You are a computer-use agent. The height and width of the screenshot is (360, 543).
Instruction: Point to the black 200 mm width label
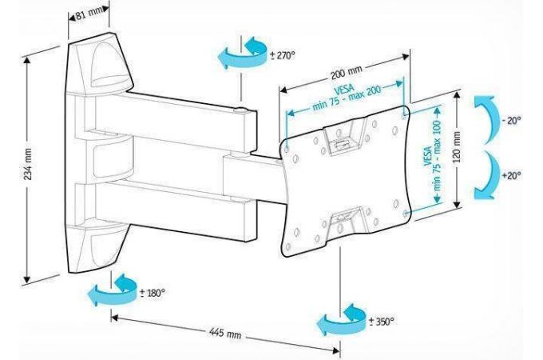tap(347, 75)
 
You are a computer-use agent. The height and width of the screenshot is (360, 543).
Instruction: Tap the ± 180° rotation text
tap(152, 292)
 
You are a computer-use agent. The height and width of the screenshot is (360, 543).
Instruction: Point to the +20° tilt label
tap(511, 175)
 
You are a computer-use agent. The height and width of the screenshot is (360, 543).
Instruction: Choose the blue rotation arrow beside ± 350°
tap(343, 321)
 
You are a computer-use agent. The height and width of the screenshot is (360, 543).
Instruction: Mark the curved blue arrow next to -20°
tap(485, 121)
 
